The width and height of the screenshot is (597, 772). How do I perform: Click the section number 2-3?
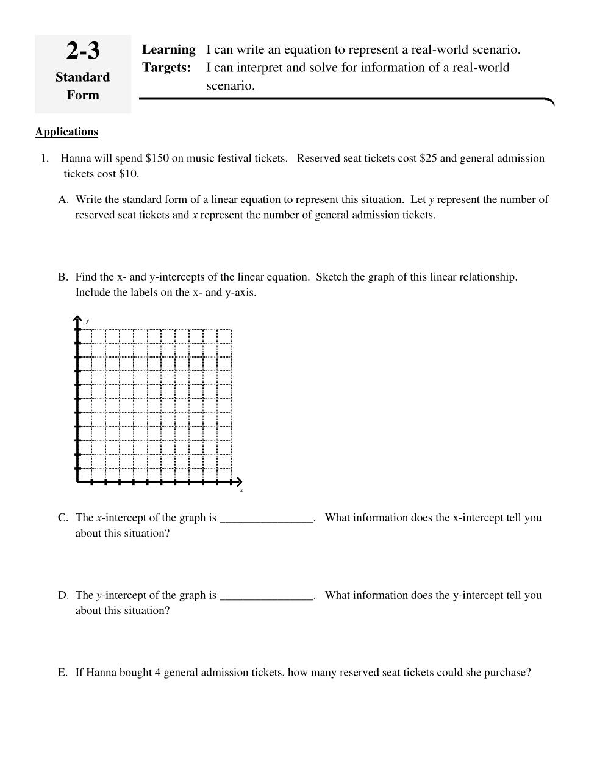[x=83, y=51]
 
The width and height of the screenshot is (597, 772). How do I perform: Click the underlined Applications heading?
[x=66, y=132]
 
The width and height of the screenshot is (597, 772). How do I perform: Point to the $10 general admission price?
[x=129, y=174]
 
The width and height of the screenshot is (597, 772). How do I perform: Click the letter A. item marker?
[x=63, y=200]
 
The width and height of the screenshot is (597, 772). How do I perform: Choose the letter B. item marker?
[x=63, y=277]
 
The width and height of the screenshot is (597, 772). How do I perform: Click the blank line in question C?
[x=266, y=519]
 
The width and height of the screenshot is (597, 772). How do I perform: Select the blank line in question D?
[x=266, y=596]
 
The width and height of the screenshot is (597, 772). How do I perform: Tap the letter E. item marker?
[x=63, y=673]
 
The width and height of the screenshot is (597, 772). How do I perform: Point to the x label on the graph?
[x=241, y=490]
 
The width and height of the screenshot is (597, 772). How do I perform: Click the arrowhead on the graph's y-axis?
[x=77, y=318]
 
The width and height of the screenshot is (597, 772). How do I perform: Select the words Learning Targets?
[x=168, y=59]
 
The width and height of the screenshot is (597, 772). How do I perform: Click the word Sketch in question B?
[x=334, y=277]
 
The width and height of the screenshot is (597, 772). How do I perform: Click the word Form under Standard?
[x=83, y=95]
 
